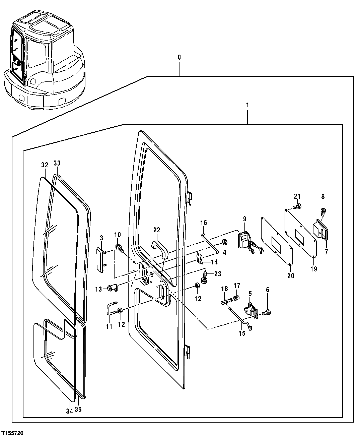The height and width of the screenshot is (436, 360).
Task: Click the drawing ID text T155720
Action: click(12, 433)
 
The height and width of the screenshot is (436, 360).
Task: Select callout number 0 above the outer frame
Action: click(179, 57)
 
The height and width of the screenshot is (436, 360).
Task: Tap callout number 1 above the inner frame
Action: click(247, 105)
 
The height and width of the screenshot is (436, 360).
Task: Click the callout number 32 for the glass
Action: click(45, 165)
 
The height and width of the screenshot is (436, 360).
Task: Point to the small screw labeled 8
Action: click(323, 211)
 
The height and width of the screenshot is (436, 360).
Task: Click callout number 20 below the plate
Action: click(290, 275)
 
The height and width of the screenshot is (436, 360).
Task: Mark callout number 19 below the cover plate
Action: click(313, 268)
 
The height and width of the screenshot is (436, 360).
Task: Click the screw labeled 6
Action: click(266, 312)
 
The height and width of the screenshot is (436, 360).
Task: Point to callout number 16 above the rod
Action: click(203, 223)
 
